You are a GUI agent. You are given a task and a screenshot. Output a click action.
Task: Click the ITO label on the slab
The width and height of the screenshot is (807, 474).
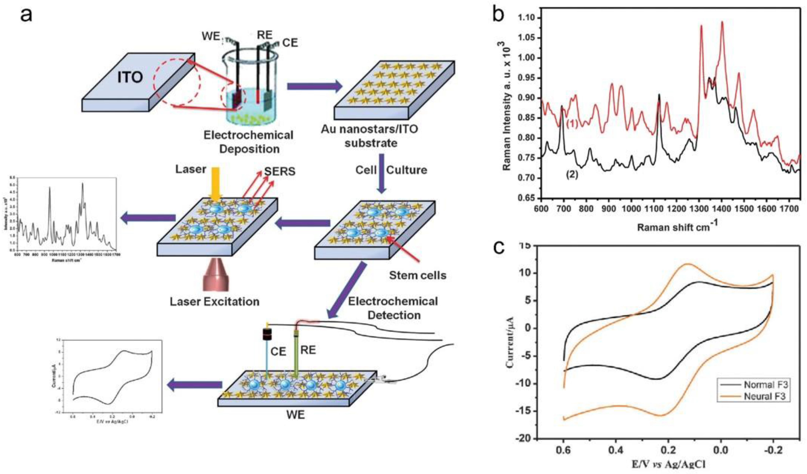point(130,77)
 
